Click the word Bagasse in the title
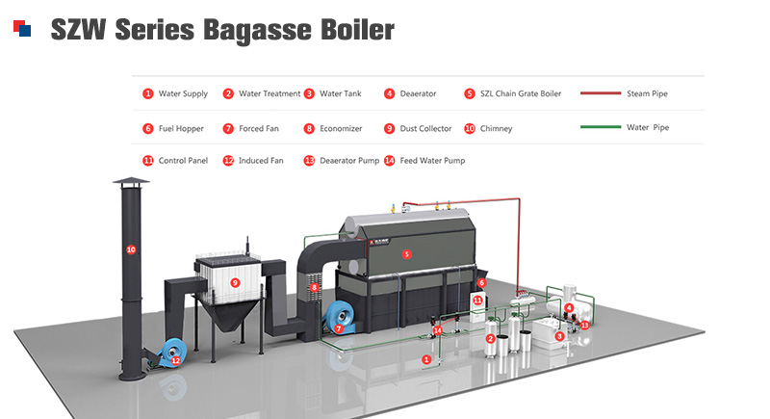257,31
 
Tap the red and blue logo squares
22,28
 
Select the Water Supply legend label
183,93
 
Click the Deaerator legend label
418,93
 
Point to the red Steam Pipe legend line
601,92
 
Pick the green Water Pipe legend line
601,127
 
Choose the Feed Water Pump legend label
432,161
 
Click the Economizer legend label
341,129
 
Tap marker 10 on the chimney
131,249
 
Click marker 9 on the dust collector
235,282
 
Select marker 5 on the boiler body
406,254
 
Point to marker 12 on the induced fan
175,360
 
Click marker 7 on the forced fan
339,328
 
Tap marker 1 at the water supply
426,359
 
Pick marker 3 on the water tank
559,336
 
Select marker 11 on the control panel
477,301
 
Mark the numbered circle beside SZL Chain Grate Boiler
470,93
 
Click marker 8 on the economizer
315,287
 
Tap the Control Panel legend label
183,161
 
